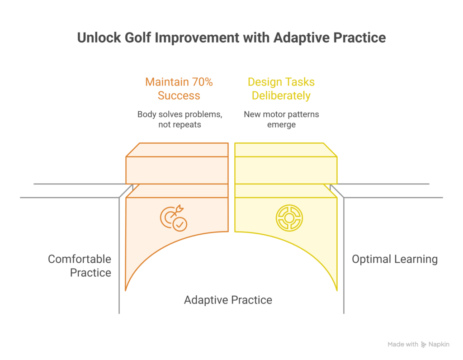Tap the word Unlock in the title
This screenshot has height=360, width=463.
[x=96, y=38]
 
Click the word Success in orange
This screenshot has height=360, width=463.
[x=179, y=96]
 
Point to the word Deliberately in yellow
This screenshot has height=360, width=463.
[x=281, y=96]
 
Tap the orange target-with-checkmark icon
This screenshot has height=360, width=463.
[x=174, y=218]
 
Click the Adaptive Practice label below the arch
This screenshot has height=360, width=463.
[x=228, y=300]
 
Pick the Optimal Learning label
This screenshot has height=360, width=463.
[x=395, y=259]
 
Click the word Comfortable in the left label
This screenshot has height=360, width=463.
[x=80, y=259]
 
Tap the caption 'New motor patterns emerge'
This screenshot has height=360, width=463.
[x=281, y=119]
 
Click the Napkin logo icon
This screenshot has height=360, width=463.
[x=424, y=345]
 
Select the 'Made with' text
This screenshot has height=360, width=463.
[x=403, y=345]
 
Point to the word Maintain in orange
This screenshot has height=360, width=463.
[x=165, y=82]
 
